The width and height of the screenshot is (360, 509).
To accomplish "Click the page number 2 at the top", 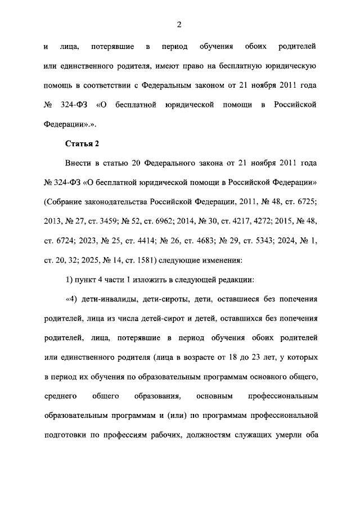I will tap(179, 24).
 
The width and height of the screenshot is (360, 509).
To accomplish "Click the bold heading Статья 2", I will tap(82, 143).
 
